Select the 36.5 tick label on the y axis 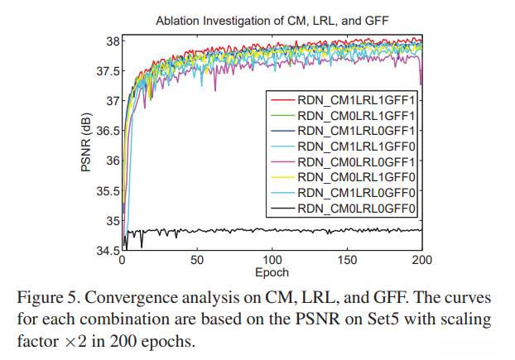coord(108,131)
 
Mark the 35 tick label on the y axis coord(113,221)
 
